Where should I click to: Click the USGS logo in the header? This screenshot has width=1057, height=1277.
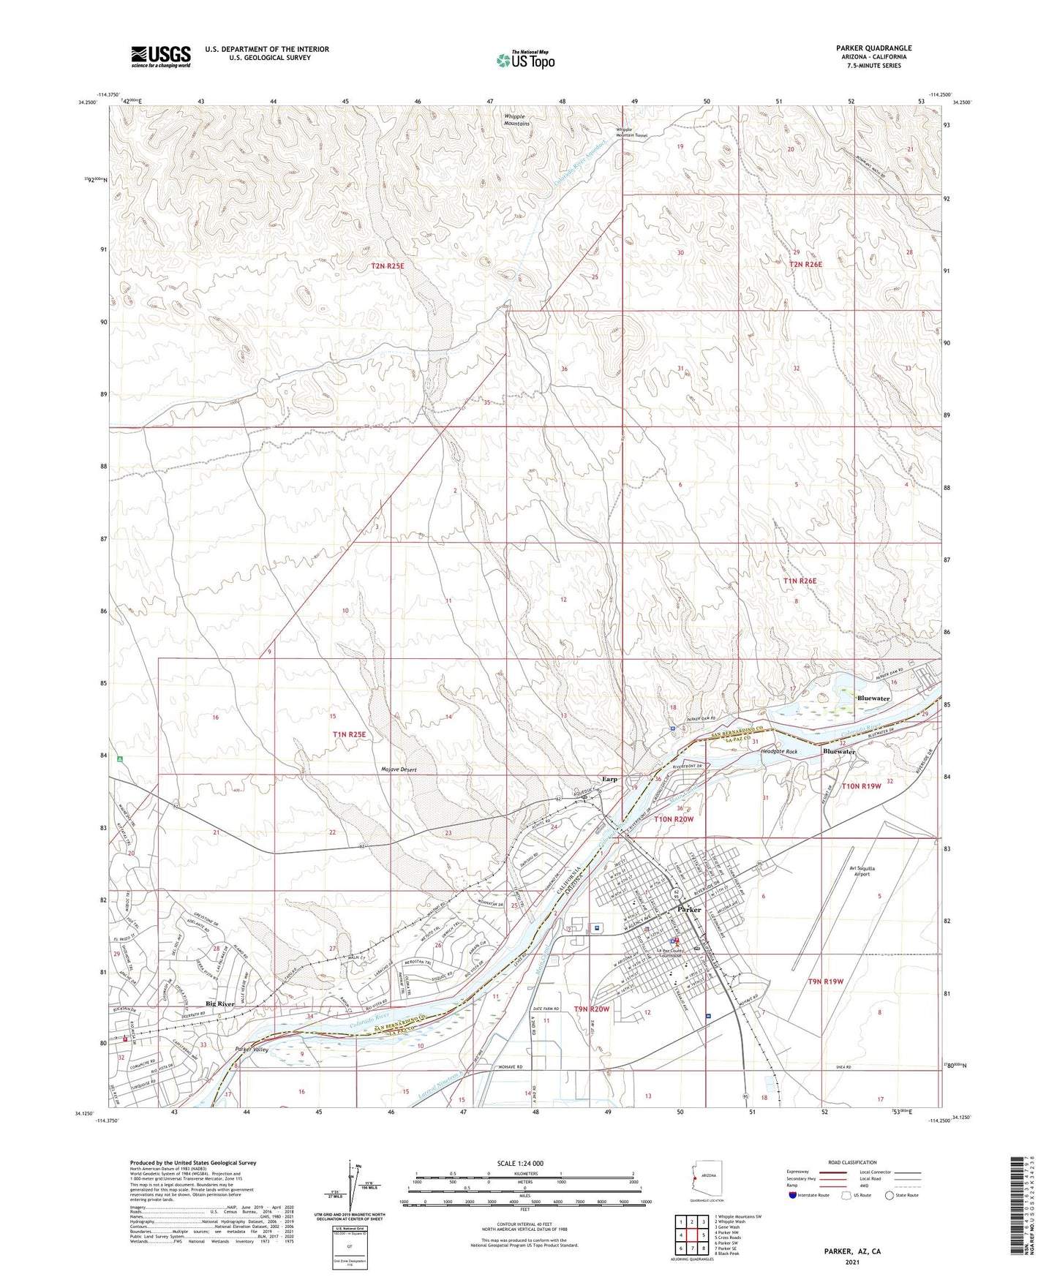[x=161, y=56]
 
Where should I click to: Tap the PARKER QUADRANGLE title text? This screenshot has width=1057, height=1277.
[x=873, y=48]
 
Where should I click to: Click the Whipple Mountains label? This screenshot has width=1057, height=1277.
[x=516, y=120]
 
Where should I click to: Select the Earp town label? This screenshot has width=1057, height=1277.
[x=609, y=779]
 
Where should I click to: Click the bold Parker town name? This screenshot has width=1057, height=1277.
[x=688, y=910]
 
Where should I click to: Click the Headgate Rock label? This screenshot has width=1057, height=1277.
[x=779, y=752]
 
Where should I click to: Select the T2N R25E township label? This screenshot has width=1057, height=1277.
[x=387, y=266]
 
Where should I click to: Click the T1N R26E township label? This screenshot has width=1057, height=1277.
[x=799, y=581]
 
